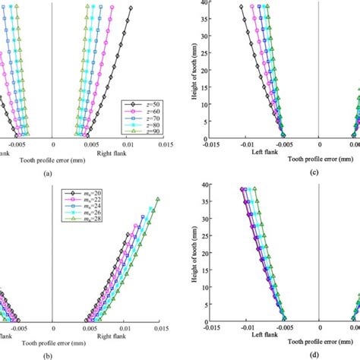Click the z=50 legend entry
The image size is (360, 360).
[148, 102]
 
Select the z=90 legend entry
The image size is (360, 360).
[148, 132]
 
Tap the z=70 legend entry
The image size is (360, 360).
[148, 117]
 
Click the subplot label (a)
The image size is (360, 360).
[90, 173]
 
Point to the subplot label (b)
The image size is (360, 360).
[90, 355]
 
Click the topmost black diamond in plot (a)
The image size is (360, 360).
[130, 8]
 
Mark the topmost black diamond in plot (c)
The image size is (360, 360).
[242, 8]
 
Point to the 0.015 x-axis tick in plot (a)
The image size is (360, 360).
[163, 147]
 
